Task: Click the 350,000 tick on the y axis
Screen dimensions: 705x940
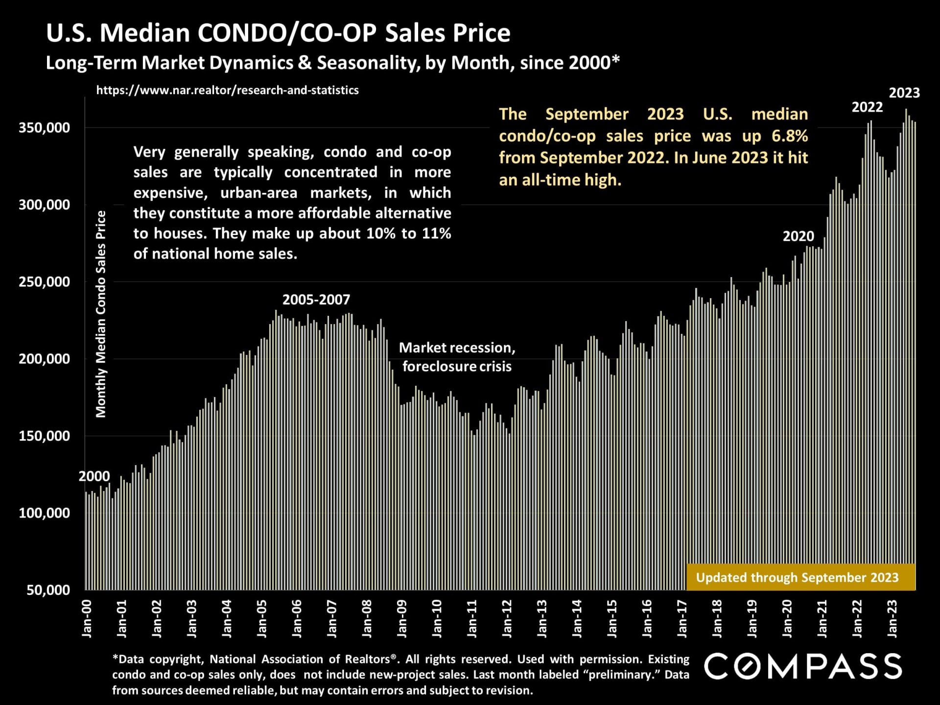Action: [x=44, y=128]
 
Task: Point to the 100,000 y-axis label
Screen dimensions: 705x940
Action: [x=44, y=513]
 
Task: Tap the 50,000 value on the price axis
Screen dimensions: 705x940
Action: [x=48, y=590]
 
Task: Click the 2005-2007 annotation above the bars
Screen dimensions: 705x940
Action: [x=316, y=300]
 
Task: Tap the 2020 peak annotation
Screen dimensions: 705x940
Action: [x=798, y=236]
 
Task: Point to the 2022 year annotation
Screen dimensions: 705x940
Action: [x=867, y=107]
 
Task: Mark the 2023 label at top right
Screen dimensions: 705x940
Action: [x=904, y=93]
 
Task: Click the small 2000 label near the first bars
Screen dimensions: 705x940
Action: [x=94, y=476]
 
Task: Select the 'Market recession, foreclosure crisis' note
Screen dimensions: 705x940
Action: [x=457, y=357]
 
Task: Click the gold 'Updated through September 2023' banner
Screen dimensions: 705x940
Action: [x=797, y=578]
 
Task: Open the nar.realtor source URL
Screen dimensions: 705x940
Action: [x=227, y=90]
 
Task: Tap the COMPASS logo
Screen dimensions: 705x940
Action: [x=803, y=666]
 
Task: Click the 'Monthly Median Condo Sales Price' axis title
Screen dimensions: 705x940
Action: [x=101, y=314]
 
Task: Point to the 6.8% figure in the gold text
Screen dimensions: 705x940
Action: [x=789, y=136]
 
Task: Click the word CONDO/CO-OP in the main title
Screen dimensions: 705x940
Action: [x=287, y=33]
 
